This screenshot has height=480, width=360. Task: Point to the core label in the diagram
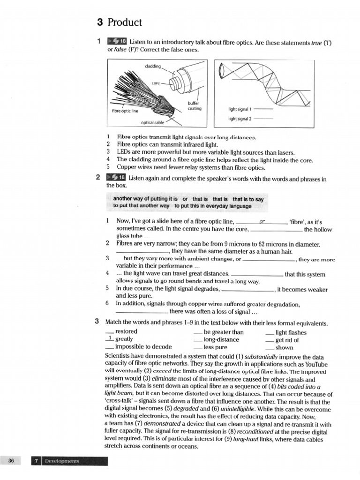click(156, 83)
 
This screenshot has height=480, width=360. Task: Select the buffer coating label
click(194, 106)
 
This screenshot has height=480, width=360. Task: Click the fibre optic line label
click(125, 111)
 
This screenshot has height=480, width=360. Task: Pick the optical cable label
click(153, 122)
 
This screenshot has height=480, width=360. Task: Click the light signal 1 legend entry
click(240, 109)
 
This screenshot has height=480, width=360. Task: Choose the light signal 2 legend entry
click(240, 119)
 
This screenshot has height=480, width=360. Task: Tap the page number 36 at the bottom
click(11, 461)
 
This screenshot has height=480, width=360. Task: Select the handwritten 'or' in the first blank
click(262, 221)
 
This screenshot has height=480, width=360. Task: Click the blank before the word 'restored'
click(110, 331)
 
